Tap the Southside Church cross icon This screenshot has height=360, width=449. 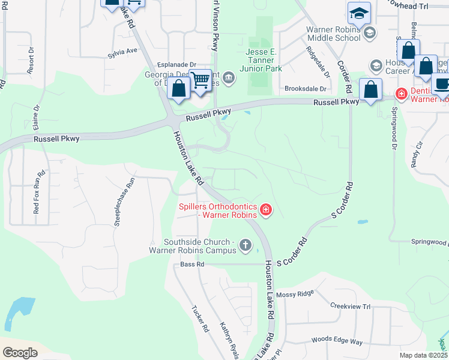pos(245,245)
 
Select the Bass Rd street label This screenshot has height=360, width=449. pos(192,264)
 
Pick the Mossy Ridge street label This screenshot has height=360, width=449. pos(295,294)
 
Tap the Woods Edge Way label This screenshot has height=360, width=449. pos(337,341)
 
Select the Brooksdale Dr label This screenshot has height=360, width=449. pos(305,88)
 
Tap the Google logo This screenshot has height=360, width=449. pos(20,353)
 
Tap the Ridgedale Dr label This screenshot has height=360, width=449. pos(318,62)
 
